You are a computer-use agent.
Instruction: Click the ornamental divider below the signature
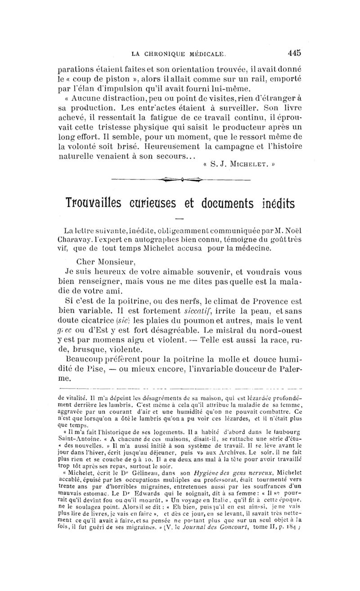click(180, 180)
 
